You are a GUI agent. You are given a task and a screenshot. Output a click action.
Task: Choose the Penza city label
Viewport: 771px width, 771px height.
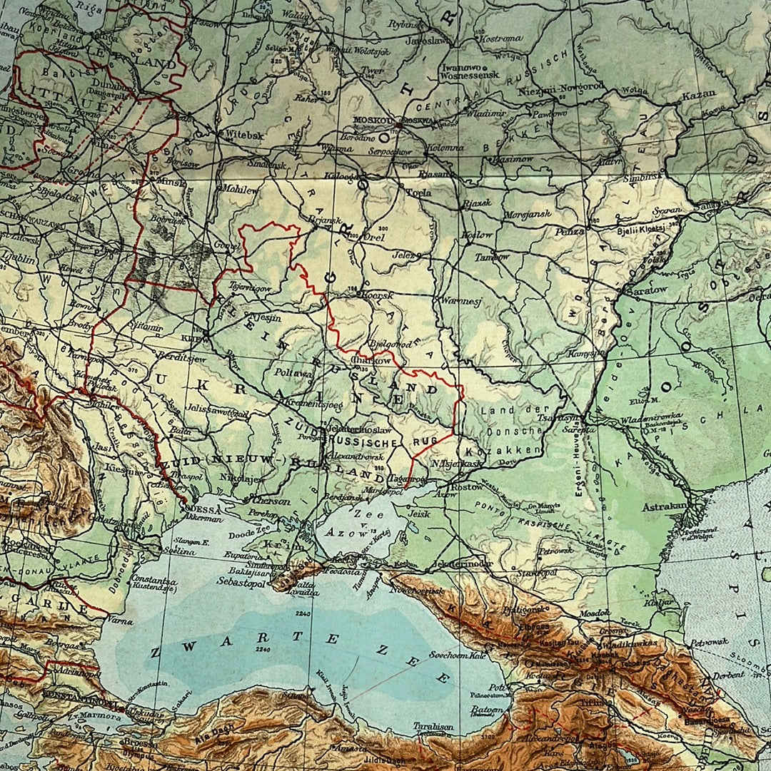[571, 231]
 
